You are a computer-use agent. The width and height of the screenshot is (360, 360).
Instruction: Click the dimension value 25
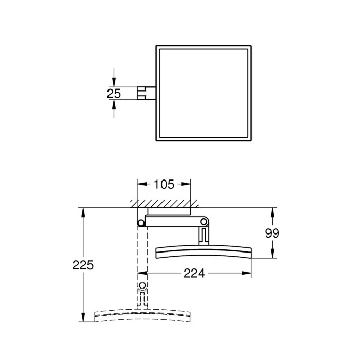[x=114, y=94]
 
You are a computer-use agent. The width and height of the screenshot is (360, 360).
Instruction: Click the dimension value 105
[x=164, y=184]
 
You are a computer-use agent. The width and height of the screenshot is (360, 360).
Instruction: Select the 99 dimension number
[x=272, y=233]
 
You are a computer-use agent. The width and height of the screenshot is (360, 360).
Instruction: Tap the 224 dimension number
[x=194, y=273]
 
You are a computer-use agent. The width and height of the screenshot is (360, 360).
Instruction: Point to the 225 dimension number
[x=83, y=265]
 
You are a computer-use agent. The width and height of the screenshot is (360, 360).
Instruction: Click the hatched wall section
[x=164, y=204]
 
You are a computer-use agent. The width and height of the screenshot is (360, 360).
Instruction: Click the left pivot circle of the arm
[x=141, y=223]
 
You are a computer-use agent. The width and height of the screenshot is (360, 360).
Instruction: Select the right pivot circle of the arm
[x=204, y=222]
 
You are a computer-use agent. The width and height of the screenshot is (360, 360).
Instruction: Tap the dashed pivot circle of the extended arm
[x=142, y=286]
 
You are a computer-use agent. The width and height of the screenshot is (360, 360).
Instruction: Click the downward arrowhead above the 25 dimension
[x=114, y=82]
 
